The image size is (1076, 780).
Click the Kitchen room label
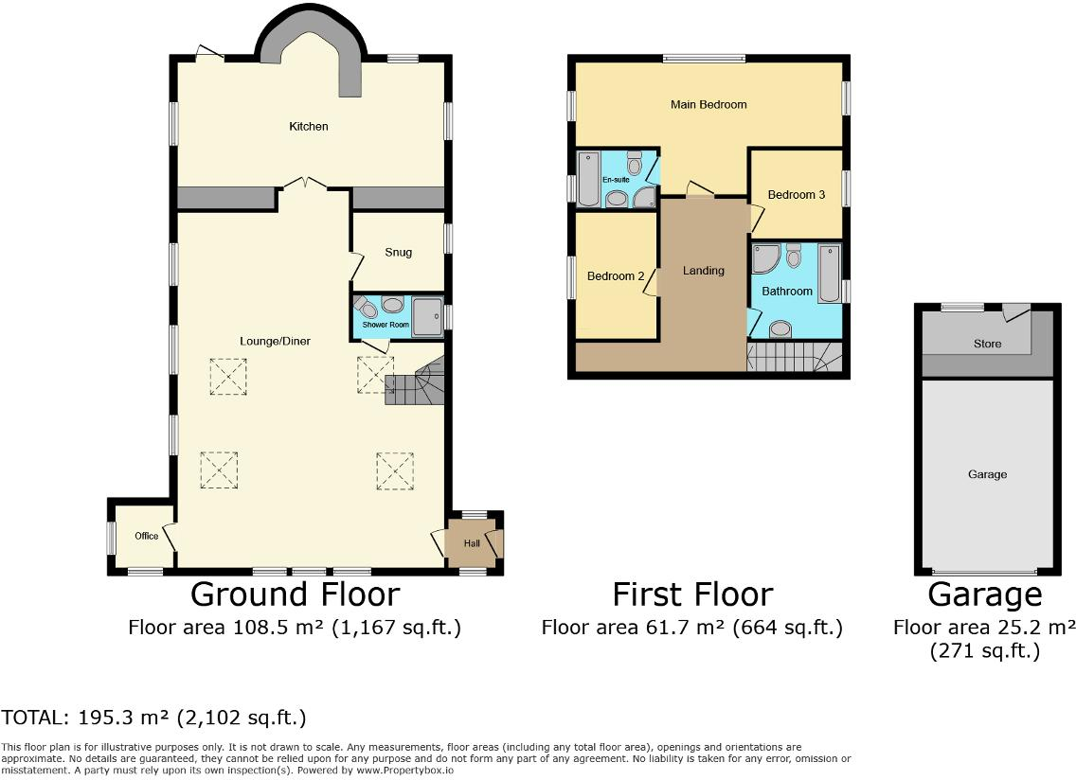coord(309,126)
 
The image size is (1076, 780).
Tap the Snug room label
coord(398,253)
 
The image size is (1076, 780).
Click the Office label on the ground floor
coord(146,536)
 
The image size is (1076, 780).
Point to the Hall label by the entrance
coord(472,543)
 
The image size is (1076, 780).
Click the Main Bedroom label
coord(708,105)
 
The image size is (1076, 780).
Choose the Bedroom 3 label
coord(796,195)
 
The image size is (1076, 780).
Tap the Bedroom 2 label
coord(616,276)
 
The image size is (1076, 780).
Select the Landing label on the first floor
coord(704,271)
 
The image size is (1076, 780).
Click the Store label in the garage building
coord(987,344)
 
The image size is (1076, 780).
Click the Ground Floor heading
coord(295,594)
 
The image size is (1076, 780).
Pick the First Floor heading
coord(692,594)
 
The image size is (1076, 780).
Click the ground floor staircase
coord(415,381)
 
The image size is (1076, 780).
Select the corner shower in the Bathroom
coord(764,257)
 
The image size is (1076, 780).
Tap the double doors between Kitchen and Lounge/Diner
coord(303,184)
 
